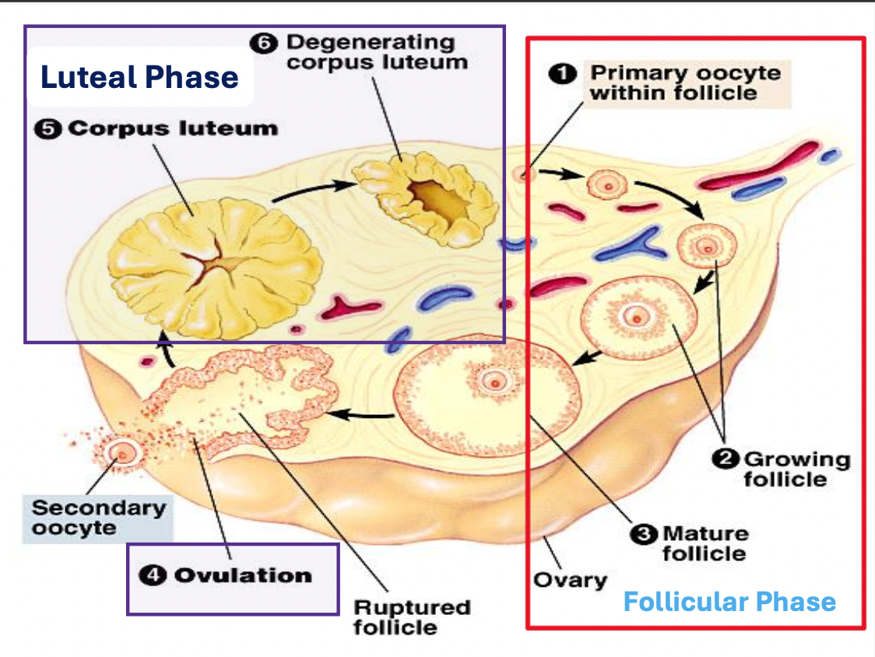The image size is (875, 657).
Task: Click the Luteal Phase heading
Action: [139, 77]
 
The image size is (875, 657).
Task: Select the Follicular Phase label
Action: [729, 602]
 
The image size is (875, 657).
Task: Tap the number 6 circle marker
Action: [262, 44]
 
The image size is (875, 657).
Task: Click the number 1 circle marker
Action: [561, 74]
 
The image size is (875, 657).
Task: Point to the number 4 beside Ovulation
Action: [153, 576]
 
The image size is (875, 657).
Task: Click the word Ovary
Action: [570, 580]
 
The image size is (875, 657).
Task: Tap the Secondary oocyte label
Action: [98, 518]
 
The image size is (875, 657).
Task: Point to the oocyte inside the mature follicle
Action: [493, 381]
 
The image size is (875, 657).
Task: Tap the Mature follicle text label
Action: [704, 543]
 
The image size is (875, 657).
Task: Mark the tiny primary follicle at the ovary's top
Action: [523, 174]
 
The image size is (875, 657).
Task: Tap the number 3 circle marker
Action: [643, 534]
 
